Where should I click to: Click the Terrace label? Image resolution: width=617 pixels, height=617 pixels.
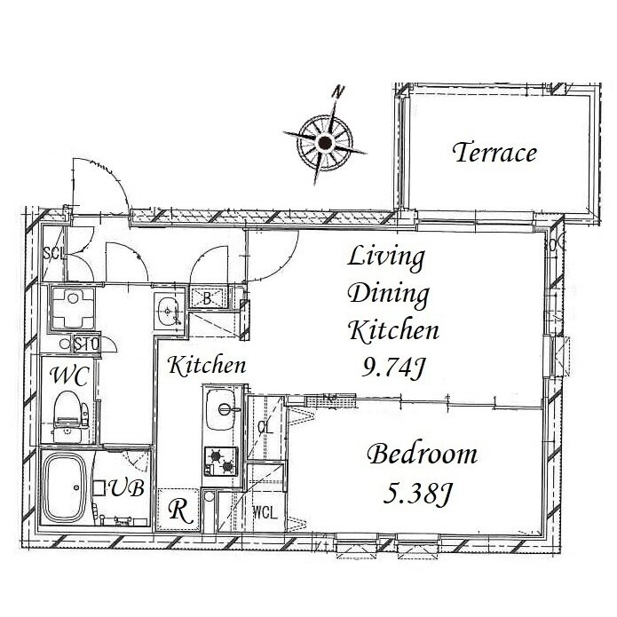click(x=494, y=153)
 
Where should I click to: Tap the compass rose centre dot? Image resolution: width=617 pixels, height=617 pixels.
click(x=325, y=142)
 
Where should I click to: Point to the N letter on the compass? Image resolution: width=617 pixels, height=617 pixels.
click(x=338, y=91)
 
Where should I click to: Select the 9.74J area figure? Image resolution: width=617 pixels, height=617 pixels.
click(x=393, y=368)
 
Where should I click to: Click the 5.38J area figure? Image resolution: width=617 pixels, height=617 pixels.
click(x=417, y=494)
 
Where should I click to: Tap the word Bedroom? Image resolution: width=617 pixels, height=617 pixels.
click(x=423, y=454)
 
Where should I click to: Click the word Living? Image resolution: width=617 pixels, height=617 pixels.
click(x=386, y=257)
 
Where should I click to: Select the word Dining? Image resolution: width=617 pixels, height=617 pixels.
click(x=389, y=295)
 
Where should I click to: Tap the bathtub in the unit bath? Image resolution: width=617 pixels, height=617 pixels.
click(x=64, y=488)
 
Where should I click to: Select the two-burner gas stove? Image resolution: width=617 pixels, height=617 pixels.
click(x=221, y=462)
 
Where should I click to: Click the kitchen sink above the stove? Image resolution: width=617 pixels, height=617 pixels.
click(x=222, y=409)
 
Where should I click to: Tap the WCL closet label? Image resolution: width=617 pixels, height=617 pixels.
click(x=265, y=513)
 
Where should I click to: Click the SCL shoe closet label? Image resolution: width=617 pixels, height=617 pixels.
click(x=53, y=254)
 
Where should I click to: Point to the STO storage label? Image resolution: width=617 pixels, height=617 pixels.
click(x=86, y=345)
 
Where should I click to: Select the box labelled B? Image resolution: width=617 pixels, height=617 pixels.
click(x=208, y=298)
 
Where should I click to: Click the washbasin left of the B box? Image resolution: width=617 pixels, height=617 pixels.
click(x=169, y=312)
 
